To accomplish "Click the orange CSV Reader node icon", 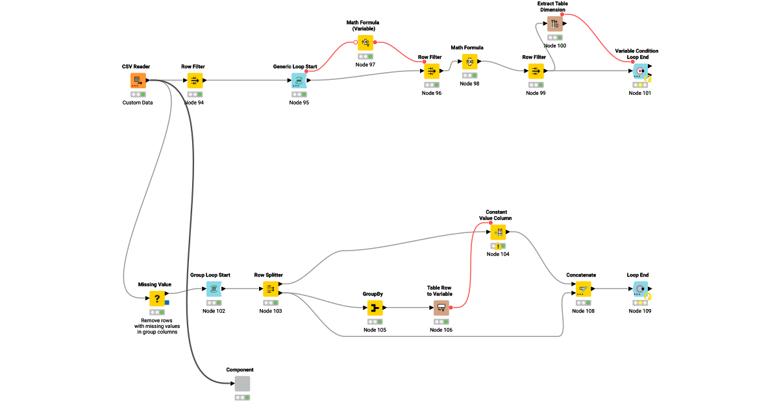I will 138,81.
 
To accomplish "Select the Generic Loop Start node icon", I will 299,81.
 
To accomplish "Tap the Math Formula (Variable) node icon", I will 365,43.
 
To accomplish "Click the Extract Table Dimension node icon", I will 554,24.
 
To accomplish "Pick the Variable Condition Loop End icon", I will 640,71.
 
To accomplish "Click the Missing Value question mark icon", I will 157,299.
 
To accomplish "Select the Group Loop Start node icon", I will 214,289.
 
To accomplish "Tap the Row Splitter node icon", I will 271,289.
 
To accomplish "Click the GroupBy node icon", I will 375,308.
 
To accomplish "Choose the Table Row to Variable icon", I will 441,308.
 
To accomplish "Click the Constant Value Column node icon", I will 498,232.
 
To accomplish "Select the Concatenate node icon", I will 583,289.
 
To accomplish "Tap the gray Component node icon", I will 242,384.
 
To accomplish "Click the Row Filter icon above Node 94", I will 195,81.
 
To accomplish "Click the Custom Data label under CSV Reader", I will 138,103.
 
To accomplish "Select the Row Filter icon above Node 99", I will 536,71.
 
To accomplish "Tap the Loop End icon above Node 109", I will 640,289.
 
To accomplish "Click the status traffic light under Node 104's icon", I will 498,246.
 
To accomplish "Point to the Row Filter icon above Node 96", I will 432,71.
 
